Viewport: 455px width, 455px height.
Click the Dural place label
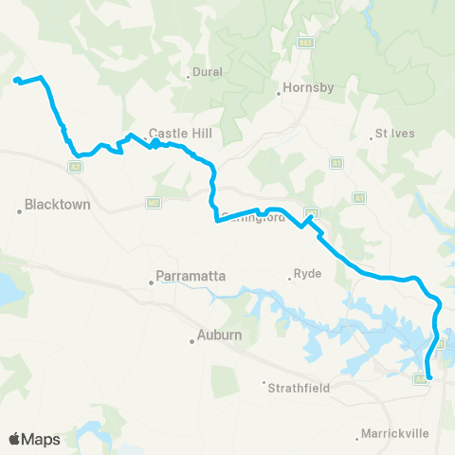pyautogui.click(x=208, y=71)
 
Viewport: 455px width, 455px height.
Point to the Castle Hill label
pyautogui.click(x=172, y=135)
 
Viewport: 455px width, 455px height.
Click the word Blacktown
pyautogui.click(x=57, y=204)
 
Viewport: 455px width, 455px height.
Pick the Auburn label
pyautogui.click(x=220, y=335)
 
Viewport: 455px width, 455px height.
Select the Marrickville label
pyautogui.click(x=393, y=434)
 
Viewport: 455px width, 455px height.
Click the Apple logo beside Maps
pyautogui.click(x=15, y=439)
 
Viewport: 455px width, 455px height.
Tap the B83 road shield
pyautogui.click(x=304, y=42)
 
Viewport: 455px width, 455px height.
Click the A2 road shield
pyautogui.click(x=74, y=167)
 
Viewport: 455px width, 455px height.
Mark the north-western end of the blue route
pyautogui.click(x=16, y=80)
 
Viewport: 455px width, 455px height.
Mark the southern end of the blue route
pyautogui.click(x=430, y=378)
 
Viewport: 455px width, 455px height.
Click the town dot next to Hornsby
pyautogui.click(x=280, y=94)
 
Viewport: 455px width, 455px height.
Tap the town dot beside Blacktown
pyautogui.click(x=19, y=210)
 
